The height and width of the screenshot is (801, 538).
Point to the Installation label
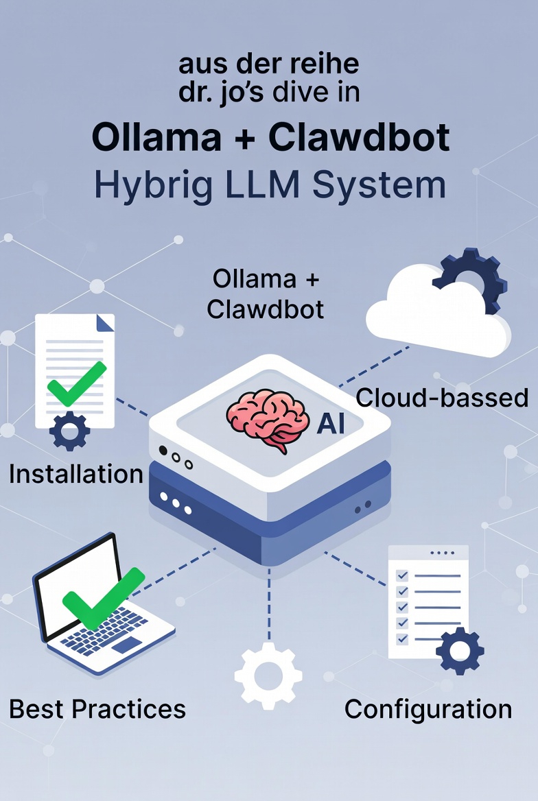pyautogui.click(x=75, y=474)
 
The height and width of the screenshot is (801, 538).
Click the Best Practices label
pyautogui.click(x=97, y=708)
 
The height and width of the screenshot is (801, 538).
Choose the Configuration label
pyautogui.click(x=428, y=708)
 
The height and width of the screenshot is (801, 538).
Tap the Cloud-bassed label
pyautogui.click(x=442, y=398)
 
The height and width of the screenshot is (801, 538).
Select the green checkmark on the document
pyautogui.click(x=75, y=385)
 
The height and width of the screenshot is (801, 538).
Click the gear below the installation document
pyautogui.click(x=69, y=431)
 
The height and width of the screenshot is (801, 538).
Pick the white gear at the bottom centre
pyautogui.click(x=268, y=676)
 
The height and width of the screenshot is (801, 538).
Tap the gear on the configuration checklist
pyautogui.click(x=459, y=651)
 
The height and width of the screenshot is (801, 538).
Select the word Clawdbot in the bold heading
pyautogui.click(x=359, y=138)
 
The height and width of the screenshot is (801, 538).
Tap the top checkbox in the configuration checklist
pyautogui.click(x=403, y=575)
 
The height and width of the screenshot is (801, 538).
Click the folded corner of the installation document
pyautogui.click(x=104, y=323)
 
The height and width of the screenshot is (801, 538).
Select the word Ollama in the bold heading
pyautogui.click(x=155, y=138)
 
